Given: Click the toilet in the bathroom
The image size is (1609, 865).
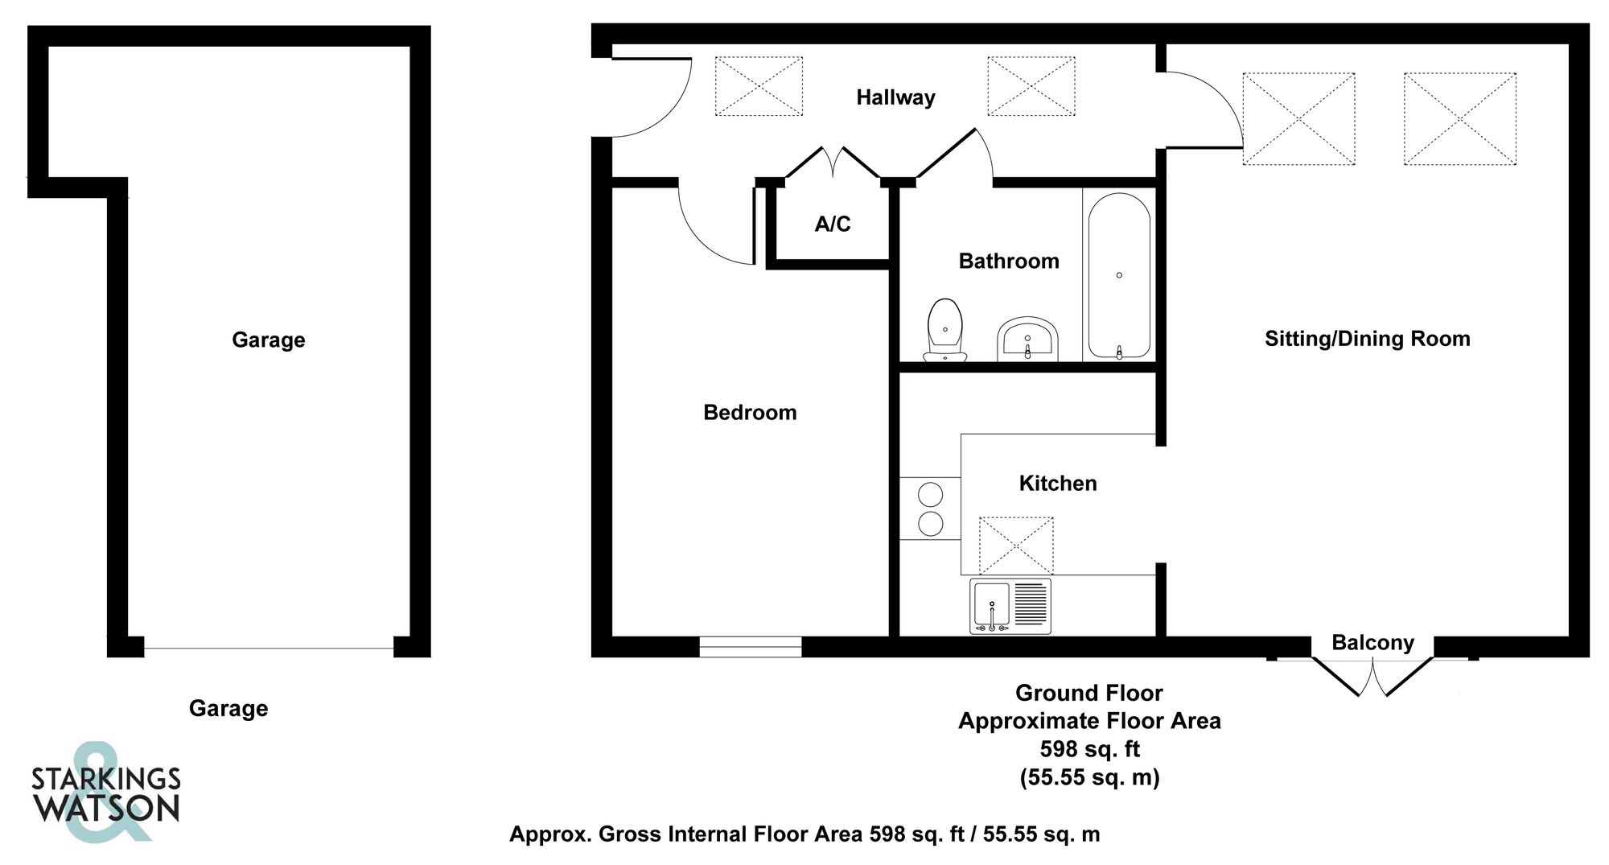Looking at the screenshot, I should [945, 330].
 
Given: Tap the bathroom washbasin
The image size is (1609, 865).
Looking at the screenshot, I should [1027, 340].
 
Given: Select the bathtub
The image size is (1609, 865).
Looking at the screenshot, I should [1119, 276].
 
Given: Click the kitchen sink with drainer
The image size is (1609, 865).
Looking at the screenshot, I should [1010, 606].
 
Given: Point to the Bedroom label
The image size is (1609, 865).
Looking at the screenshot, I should [750, 413].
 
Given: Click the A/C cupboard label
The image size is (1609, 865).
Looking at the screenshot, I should [833, 224].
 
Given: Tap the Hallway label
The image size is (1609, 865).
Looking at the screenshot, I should [895, 98].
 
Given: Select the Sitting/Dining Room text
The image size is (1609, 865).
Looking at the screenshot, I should [1367, 339].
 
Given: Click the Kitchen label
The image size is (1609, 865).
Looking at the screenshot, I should [1058, 484].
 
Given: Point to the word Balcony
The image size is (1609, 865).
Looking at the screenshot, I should [1372, 643].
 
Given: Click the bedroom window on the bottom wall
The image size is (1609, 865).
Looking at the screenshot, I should [750, 646].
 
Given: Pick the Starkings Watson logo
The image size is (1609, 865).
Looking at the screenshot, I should [105, 793].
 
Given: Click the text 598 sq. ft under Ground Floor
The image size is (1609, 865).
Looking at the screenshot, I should [1089, 749].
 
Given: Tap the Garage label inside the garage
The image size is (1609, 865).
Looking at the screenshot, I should [269, 340].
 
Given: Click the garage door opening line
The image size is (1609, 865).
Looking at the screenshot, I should [269, 648].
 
